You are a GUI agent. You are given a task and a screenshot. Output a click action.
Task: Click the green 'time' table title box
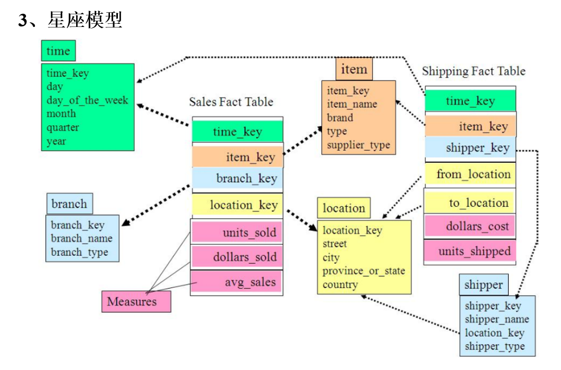pyautogui.click(x=58, y=51)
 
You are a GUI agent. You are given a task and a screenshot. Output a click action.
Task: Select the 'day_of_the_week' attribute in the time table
pyautogui.click(x=87, y=100)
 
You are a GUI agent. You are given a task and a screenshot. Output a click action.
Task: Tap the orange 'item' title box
pyautogui.click(x=354, y=69)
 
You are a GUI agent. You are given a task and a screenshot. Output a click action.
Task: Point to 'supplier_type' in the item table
pyautogui.click(x=358, y=145)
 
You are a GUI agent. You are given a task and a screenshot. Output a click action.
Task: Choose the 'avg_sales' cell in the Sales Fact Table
pyautogui.click(x=237, y=282)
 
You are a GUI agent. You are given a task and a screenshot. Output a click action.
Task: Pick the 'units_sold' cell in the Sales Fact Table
pyautogui.click(x=237, y=233)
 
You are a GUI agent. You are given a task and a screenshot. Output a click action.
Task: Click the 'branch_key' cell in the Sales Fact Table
pyautogui.click(x=237, y=179)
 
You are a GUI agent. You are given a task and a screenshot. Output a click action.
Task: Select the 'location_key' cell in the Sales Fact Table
pyautogui.click(x=237, y=205)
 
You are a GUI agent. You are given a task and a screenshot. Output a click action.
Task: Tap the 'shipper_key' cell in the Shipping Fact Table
pyautogui.click(x=470, y=147)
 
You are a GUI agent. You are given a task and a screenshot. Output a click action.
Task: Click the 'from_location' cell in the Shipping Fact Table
pyautogui.click(x=470, y=174)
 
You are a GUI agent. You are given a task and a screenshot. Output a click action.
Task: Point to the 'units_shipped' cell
pyautogui.click(x=470, y=251)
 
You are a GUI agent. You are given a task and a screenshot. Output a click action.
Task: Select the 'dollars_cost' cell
pyautogui.click(x=470, y=227)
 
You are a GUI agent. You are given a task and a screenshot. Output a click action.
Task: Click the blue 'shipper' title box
pyautogui.click(x=483, y=285)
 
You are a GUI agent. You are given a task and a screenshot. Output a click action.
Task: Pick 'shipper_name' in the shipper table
pyautogui.click(x=496, y=319)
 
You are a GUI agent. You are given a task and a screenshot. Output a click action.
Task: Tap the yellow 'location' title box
pyautogui.click(x=344, y=208)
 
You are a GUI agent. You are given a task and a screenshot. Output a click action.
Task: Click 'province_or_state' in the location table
pyautogui.click(x=364, y=271)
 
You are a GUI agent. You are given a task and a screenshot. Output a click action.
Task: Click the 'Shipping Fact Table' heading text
pyautogui.click(x=473, y=71)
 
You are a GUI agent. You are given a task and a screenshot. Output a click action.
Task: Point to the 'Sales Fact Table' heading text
pyautogui.click(x=231, y=102)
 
